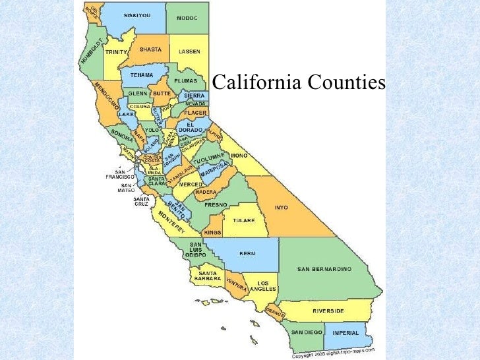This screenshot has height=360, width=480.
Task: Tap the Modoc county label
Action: click(187, 17)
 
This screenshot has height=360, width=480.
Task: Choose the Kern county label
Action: click(248, 253)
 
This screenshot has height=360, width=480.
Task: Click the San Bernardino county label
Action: click(324, 269)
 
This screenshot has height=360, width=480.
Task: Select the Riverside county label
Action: click(329, 310)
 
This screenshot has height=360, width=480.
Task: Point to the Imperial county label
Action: click(345, 332)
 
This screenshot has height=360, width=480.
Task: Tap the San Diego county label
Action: click(307, 332)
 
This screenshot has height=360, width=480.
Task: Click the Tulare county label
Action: click(243, 220)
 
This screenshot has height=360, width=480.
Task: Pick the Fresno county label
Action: click(216, 205)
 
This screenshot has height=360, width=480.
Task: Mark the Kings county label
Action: click(212, 233)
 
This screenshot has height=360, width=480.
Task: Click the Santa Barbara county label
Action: click(203, 276)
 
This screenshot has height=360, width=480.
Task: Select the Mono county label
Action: click(239, 156)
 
